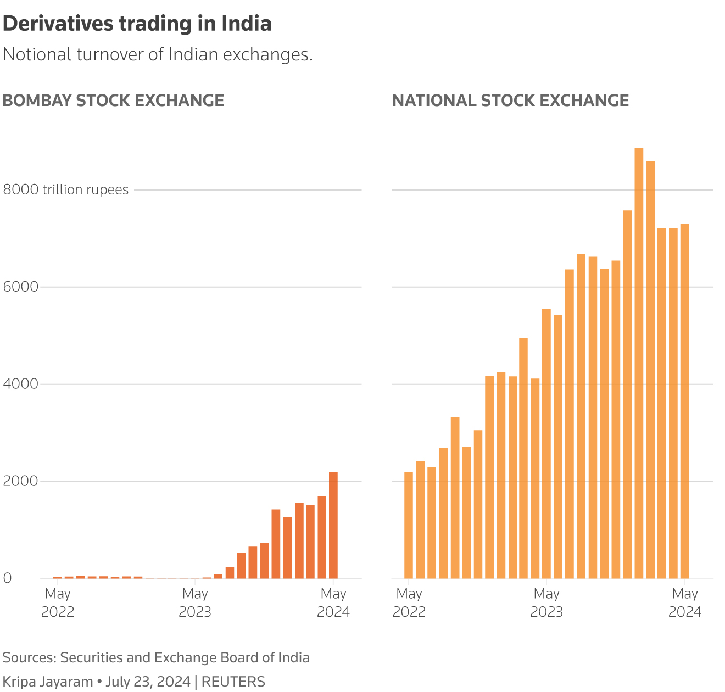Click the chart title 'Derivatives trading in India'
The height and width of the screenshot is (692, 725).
pyautogui.click(x=137, y=24)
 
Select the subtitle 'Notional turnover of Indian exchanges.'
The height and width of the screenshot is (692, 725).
pyautogui.click(x=158, y=54)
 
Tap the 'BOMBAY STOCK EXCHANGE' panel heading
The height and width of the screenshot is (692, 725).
pyautogui.click(x=114, y=101)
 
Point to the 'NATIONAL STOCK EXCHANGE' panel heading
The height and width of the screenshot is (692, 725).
pyautogui.click(x=510, y=101)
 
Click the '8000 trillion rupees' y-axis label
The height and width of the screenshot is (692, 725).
pyautogui.click(x=66, y=190)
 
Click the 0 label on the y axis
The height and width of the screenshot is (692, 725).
pyautogui.click(x=7, y=578)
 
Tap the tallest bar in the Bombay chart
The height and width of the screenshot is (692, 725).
pyautogui.click(x=333, y=525)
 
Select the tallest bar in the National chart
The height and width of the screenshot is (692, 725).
pyautogui.click(x=639, y=363)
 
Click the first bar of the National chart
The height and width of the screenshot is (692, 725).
pyautogui.click(x=409, y=525)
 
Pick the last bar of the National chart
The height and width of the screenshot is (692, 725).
pyautogui.click(x=685, y=401)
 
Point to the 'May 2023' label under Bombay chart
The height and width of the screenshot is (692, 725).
pyautogui.click(x=195, y=602)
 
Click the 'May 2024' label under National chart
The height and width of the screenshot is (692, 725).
pyautogui.click(x=685, y=602)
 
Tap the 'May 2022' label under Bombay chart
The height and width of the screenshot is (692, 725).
pyautogui.click(x=58, y=602)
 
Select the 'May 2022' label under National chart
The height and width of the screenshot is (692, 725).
pyautogui.click(x=409, y=602)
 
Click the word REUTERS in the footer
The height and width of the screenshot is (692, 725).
pyautogui.click(x=233, y=682)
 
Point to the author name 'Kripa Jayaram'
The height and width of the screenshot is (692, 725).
pyautogui.click(x=48, y=682)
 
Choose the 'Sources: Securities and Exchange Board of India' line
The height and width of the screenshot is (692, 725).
pyautogui.click(x=156, y=657)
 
